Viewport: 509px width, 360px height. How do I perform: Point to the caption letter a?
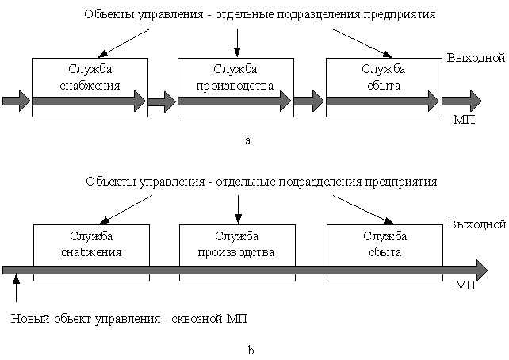(x=248, y=140)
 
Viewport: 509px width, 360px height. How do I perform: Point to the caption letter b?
(x=251, y=350)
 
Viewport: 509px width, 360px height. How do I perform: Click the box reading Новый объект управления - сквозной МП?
(x=130, y=320)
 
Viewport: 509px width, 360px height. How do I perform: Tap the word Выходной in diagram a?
(x=476, y=58)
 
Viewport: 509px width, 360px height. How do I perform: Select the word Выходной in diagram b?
(x=476, y=224)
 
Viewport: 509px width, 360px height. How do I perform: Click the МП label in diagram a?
(x=464, y=120)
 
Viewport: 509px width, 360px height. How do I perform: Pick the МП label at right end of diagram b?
(x=465, y=285)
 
